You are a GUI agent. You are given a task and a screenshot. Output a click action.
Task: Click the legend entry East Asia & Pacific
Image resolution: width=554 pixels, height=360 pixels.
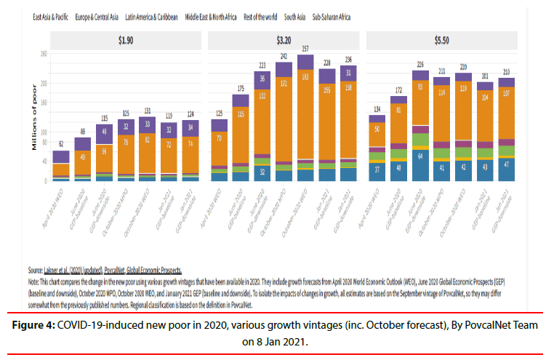[52, 16]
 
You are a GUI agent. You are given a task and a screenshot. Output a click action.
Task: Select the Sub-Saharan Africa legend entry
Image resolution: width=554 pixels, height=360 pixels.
[332, 16]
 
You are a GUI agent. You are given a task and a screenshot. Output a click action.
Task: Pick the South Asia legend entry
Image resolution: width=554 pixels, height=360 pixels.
[294, 16]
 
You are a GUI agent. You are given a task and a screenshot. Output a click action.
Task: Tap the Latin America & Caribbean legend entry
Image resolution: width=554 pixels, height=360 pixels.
[153, 16]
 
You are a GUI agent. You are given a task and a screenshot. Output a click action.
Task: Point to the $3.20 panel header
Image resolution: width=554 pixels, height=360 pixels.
[284, 40]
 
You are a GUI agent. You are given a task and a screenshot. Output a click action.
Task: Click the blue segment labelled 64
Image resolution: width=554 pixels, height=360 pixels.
[419, 155]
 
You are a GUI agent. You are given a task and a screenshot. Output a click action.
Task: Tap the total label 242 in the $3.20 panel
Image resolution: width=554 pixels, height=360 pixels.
[284, 56]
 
